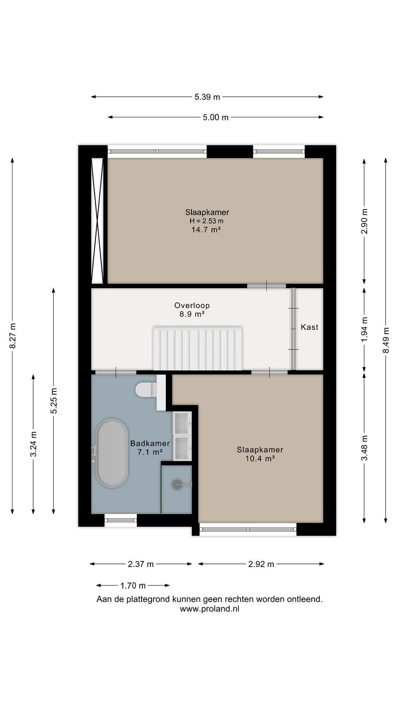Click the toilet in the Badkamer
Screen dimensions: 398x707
click(x=146, y=390)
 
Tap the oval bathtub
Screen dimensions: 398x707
click(x=112, y=453)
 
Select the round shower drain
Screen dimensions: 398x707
click(x=177, y=484)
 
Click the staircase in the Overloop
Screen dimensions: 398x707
click(x=198, y=349)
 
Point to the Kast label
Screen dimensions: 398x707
click(x=310, y=327)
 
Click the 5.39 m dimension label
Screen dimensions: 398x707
click(x=207, y=97)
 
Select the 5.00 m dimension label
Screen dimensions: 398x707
click(x=216, y=118)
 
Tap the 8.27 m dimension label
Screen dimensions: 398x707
click(x=13, y=336)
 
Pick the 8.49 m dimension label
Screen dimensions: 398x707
click(x=386, y=341)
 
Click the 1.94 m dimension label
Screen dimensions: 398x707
click(x=364, y=329)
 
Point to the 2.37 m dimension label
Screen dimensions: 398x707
click(x=141, y=564)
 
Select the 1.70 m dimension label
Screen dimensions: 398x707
click(x=133, y=586)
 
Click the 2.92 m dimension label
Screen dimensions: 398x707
click(x=261, y=564)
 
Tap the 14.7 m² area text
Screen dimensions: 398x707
click(x=206, y=229)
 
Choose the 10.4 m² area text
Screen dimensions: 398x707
click(x=260, y=458)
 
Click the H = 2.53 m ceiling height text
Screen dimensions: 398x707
click(x=207, y=221)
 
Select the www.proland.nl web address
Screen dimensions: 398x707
click(x=210, y=609)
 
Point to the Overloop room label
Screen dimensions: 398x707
click(x=192, y=305)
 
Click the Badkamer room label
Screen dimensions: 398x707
click(x=150, y=443)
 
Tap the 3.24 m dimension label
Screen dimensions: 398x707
click(x=34, y=444)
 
